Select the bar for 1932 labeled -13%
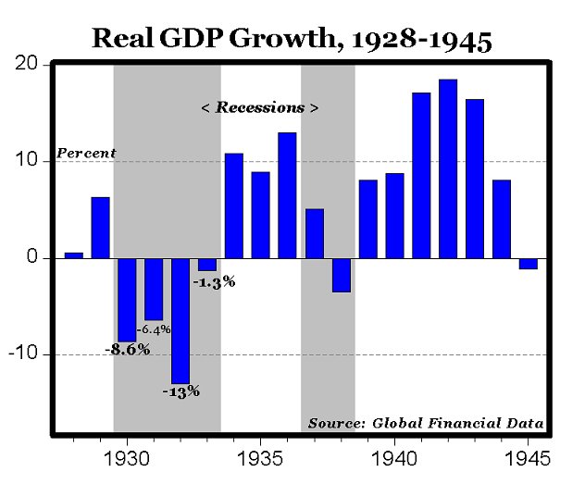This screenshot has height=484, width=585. (x=180, y=319)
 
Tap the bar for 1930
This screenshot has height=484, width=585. (x=127, y=299)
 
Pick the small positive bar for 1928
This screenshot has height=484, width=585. (x=73, y=254)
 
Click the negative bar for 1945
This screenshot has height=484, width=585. (x=528, y=263)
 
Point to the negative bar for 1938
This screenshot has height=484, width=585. (x=342, y=275)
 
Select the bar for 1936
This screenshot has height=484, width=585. (x=287, y=195)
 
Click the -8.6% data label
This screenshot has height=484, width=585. (x=128, y=350)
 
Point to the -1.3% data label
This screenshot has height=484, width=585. (x=215, y=281)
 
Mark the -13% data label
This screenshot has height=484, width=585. (x=180, y=391)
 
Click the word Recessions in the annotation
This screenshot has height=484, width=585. (x=260, y=107)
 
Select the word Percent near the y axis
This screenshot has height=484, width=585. (x=87, y=153)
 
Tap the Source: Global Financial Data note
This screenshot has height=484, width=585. (x=425, y=423)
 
